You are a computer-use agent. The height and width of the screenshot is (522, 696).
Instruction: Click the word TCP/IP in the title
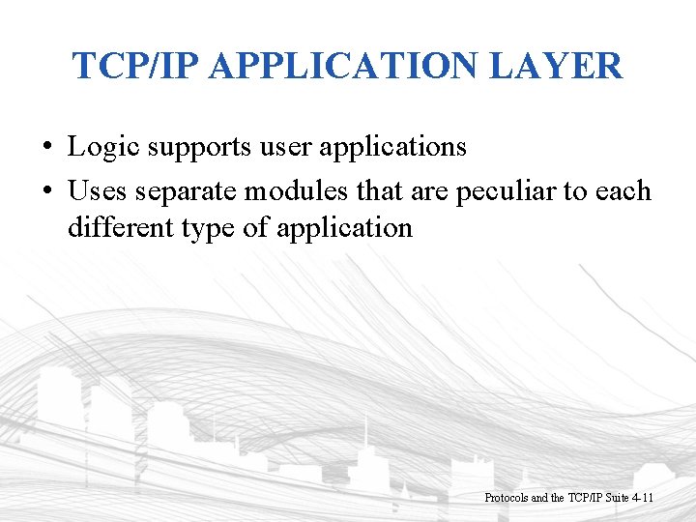tap(135, 67)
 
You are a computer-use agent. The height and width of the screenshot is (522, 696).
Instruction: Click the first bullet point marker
tap(46, 148)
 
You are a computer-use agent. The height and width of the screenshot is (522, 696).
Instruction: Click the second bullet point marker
tap(46, 191)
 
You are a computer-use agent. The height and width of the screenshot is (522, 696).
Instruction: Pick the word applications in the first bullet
tap(402, 148)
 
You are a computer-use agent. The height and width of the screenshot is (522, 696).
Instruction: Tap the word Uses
tap(98, 190)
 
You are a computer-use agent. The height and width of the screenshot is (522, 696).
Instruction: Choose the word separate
tap(187, 191)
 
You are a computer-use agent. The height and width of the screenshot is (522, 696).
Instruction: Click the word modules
tap(297, 190)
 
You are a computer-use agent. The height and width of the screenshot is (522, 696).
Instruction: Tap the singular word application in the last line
tap(344, 229)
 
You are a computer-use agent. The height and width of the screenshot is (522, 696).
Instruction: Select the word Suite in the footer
tap(613, 498)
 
